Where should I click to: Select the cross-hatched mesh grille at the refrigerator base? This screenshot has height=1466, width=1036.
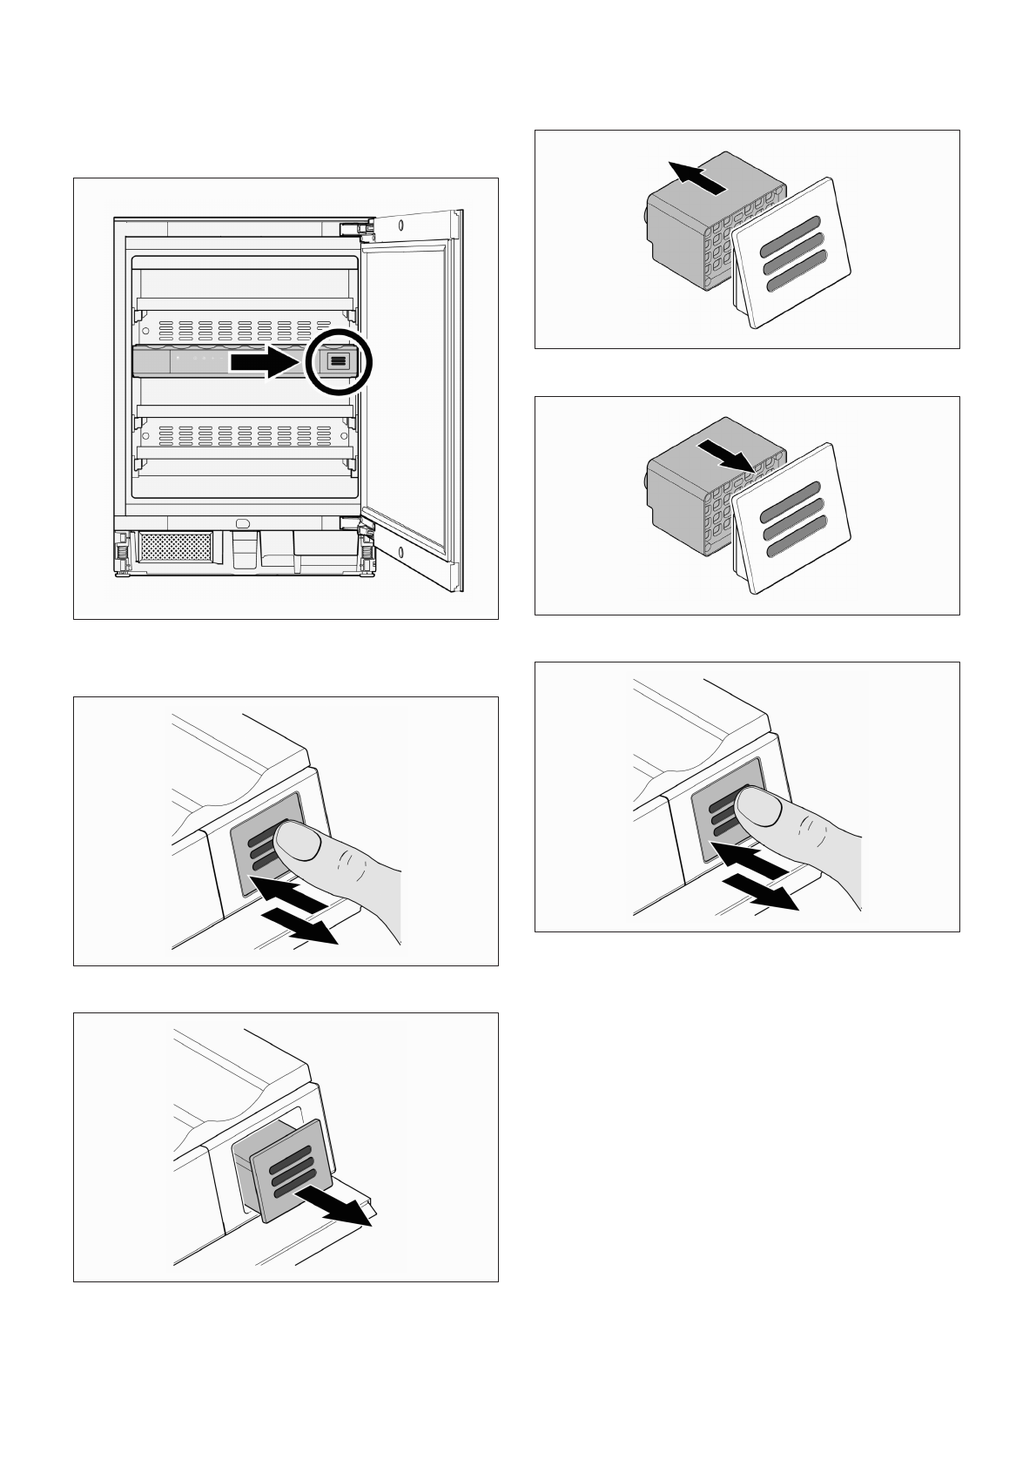click(x=176, y=548)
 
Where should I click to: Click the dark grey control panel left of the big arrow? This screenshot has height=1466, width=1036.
click(x=196, y=360)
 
